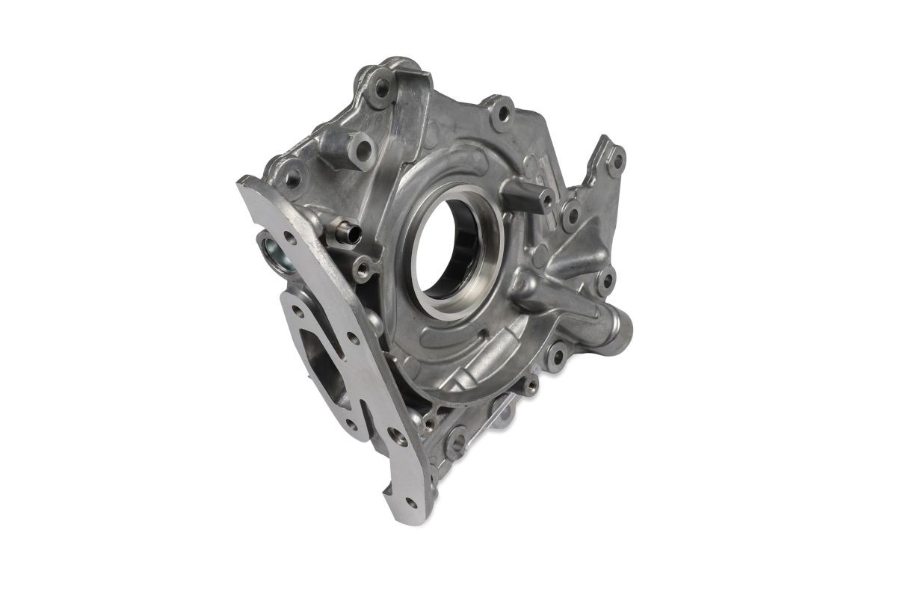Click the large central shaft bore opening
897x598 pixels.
pos(449,247)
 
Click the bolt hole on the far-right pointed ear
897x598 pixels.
pos(617,159)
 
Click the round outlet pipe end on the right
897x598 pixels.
pos(622,327)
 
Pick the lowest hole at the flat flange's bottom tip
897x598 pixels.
pos(410,502)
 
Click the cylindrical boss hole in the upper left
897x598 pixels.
pos(363,149)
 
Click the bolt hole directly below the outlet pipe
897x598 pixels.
pos(556,357)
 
